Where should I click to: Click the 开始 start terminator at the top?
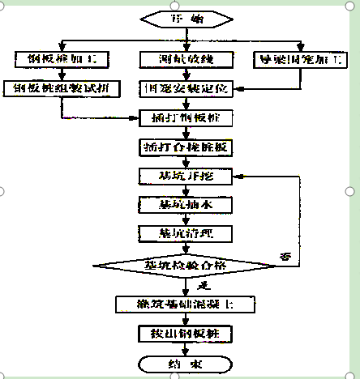pyautogui.click(x=186, y=17)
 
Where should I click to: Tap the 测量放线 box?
pyautogui.click(x=186, y=59)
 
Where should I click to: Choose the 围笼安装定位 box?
pyautogui.click(x=186, y=87)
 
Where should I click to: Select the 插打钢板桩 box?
pyautogui.click(x=186, y=117)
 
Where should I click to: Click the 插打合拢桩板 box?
pyautogui.click(x=186, y=147)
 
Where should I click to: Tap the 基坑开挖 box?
pyautogui.click(x=186, y=176)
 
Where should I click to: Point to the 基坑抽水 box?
pyautogui.click(x=186, y=204)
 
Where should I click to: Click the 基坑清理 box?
pyautogui.click(x=186, y=233)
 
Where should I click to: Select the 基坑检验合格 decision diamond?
pyautogui.click(x=186, y=266)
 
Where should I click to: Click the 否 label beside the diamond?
pyautogui.click(x=285, y=255)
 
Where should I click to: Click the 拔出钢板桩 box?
pyautogui.click(x=186, y=333)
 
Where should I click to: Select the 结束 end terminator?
pyautogui.click(x=186, y=364)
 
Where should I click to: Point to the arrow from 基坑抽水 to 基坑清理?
pyautogui.click(x=186, y=219)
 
